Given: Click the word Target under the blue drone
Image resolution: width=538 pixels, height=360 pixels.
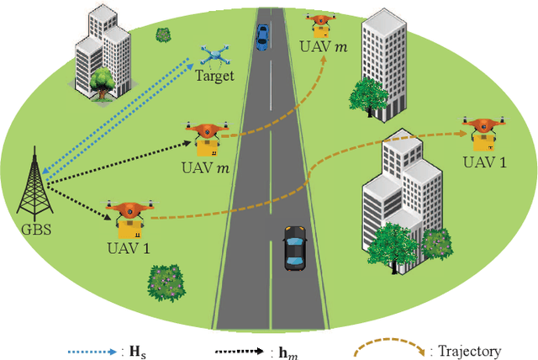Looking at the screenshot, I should click(x=215, y=77).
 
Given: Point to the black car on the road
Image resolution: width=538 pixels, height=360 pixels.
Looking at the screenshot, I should click(x=293, y=247).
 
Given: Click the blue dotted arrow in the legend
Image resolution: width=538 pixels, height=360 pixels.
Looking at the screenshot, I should click(x=94, y=351).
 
